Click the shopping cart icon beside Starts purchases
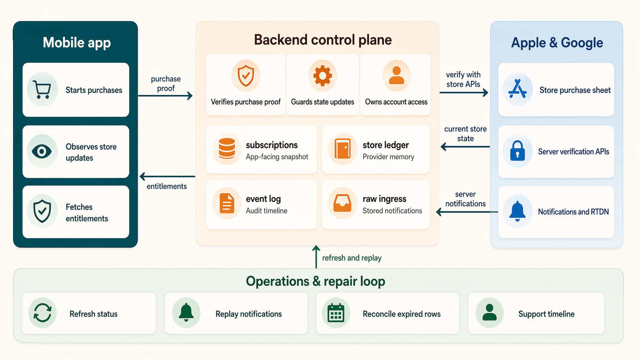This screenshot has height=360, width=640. click(42, 90)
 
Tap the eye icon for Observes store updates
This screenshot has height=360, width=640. click(42, 151)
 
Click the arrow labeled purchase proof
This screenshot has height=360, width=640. click(165, 96)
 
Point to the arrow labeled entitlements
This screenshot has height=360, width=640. click(167, 176)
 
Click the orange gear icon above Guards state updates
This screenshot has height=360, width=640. click(322, 76)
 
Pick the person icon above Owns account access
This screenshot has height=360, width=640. click(396, 76)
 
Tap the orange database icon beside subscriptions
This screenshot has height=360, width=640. click(227, 148)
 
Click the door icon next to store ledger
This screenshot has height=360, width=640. click(342, 148)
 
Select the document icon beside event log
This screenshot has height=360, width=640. click(227, 203)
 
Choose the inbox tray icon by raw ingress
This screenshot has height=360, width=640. click(342, 203)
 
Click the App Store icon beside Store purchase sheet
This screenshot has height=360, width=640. click(517, 90)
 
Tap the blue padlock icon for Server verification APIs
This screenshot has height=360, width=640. click(517, 151)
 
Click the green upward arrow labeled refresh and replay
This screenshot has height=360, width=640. click(316, 257)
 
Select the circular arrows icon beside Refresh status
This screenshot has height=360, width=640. click(42, 313)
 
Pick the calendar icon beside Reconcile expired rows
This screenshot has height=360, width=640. click(336, 313)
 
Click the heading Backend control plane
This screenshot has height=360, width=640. click(323, 40)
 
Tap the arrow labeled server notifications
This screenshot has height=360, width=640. click(467, 212)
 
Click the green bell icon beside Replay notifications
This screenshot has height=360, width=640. click(186, 313)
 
